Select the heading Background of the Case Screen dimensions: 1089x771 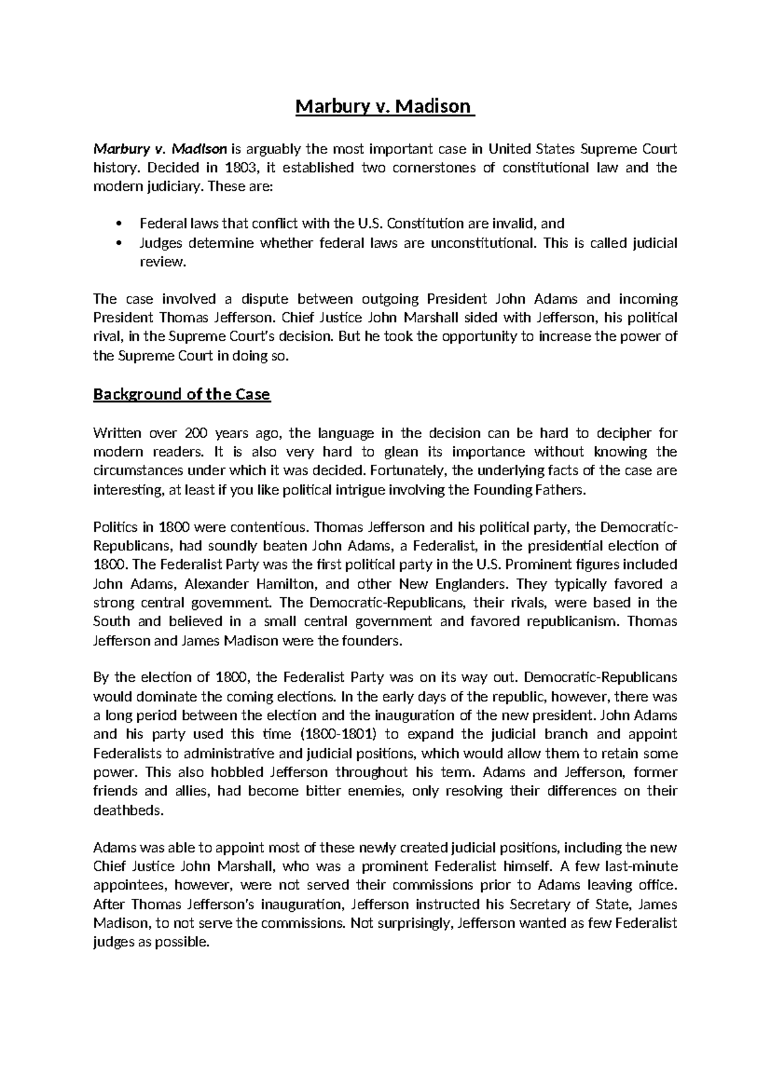point(182,394)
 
